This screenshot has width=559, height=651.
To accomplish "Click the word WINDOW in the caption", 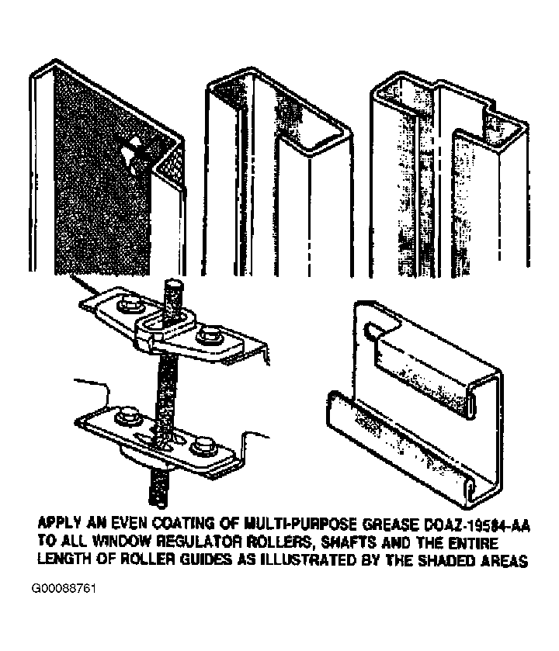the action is pyautogui.click(x=117, y=542).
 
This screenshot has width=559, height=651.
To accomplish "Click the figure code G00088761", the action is pyautogui.click(x=64, y=589).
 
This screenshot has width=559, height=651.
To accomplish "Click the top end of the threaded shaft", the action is pyautogui.click(x=174, y=282).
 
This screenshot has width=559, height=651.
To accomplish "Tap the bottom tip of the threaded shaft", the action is pyautogui.click(x=159, y=504).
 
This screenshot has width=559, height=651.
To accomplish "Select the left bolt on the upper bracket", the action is pyautogui.click(x=129, y=306).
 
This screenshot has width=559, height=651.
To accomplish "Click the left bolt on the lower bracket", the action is pyautogui.click(x=127, y=416).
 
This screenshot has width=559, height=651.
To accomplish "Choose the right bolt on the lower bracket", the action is pyautogui.click(x=203, y=446).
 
